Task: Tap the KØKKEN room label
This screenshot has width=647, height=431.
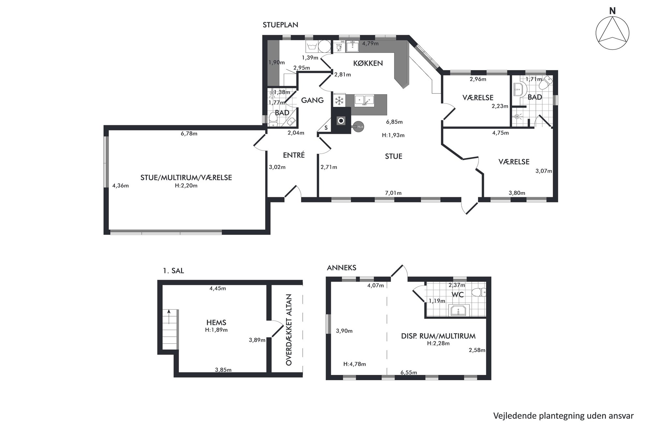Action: pos(368,63)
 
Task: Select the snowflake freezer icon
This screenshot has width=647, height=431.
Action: pos(339,100)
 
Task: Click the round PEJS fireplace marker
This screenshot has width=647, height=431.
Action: pos(359,126)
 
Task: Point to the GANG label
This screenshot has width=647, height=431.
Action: pos(312,100)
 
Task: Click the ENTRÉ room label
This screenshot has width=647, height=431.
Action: pos(293,155)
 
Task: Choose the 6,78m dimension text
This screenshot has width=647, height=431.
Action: pos(189,134)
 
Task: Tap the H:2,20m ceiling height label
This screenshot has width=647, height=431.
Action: pos(186,186)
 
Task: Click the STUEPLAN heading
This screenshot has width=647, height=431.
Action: pos(280,25)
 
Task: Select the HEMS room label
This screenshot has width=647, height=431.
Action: pos(216,323)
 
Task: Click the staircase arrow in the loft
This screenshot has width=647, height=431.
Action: pos(169,316)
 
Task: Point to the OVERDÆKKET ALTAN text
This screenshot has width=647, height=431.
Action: pos(288,330)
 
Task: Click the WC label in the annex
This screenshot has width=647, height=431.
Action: pos(458,295)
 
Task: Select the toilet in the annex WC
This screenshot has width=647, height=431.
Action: pos(479,292)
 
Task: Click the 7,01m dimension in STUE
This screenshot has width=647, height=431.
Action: pos(393,193)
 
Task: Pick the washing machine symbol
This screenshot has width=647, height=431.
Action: pos(311,46)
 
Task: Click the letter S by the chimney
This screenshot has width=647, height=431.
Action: pos(326,128)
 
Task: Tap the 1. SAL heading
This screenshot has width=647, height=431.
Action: pos(173,271)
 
